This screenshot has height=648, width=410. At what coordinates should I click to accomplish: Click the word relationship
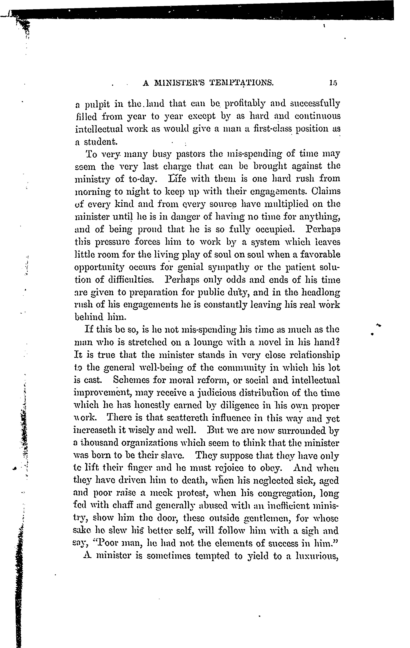tap(314, 355)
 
